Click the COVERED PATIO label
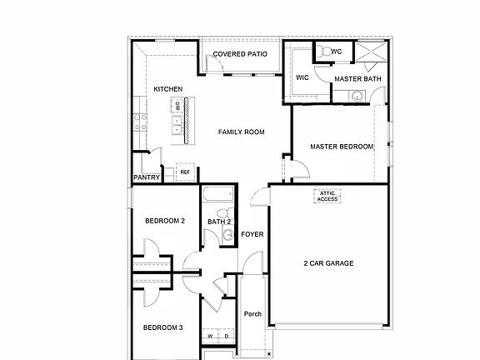point(240,54)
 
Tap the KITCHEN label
point(167,89)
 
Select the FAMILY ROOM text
point(241,132)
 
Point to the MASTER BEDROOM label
point(342,147)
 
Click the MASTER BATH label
point(357,79)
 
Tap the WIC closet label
point(302,78)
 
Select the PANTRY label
point(146,177)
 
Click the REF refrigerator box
point(185,172)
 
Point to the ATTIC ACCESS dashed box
point(327,196)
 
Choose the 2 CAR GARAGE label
point(327,263)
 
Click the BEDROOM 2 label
point(165,221)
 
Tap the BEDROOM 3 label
point(163,327)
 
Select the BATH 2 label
point(218,222)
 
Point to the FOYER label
point(252,234)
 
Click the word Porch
point(252,314)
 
